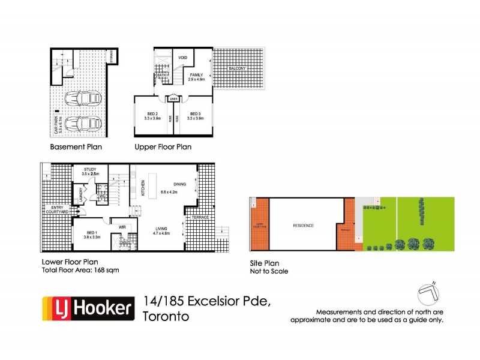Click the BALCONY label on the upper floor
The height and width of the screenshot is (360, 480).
[x=237, y=69]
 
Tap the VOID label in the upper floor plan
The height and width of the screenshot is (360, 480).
[x=184, y=58]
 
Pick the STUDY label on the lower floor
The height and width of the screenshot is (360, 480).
[x=91, y=170]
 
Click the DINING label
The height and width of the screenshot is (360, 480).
[x=179, y=184]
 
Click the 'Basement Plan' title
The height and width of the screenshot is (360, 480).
[x=76, y=146]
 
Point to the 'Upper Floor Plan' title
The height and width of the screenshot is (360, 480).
[x=164, y=146]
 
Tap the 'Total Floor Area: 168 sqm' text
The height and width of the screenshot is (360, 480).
[x=80, y=271]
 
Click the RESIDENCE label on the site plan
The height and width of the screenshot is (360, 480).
[x=304, y=226]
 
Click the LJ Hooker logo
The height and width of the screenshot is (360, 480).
[x=86, y=308]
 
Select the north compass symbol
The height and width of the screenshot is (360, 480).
[x=429, y=293]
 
